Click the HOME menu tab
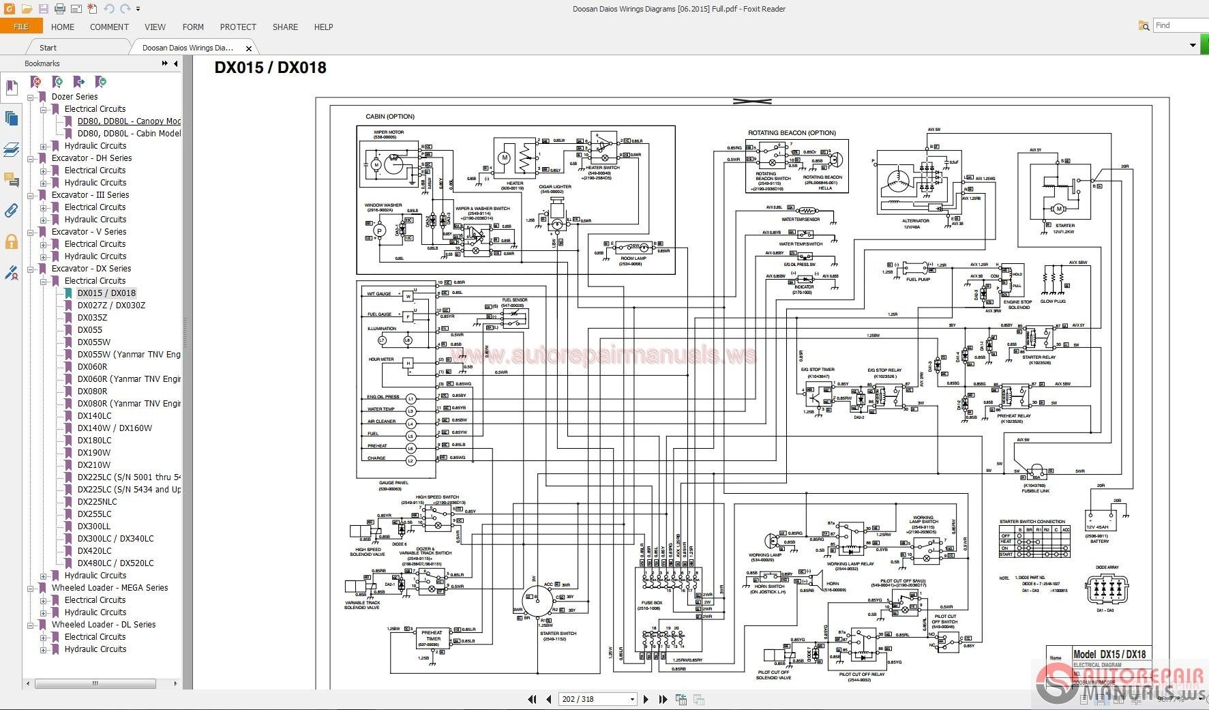[x=63, y=27]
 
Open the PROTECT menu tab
[x=238, y=27]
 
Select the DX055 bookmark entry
[x=90, y=330]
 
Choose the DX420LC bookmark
[x=94, y=551]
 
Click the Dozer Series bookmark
[x=74, y=97]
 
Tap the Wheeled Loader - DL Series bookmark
[x=104, y=625]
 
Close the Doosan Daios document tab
[x=249, y=48]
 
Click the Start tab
[x=48, y=48]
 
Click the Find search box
[x=1180, y=25]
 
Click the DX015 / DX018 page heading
[x=271, y=68]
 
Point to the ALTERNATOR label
[x=915, y=221]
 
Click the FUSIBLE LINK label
[x=1035, y=491]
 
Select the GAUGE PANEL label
[x=393, y=483]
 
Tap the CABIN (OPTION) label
[x=390, y=117]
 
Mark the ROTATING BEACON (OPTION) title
[x=792, y=133]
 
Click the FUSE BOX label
[x=651, y=603]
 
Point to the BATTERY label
[x=1099, y=542]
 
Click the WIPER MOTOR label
[x=389, y=132]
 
